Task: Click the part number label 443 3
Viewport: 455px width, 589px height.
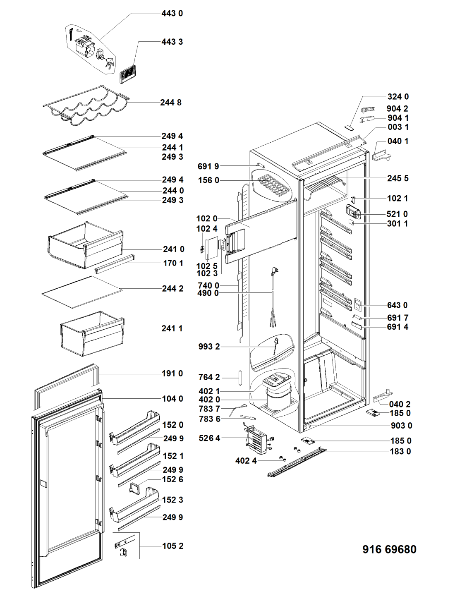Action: click(x=172, y=42)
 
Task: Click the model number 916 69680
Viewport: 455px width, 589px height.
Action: click(x=389, y=549)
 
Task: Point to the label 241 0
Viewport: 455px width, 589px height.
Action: click(x=174, y=249)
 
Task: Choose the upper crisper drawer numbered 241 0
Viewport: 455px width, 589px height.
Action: click(x=86, y=245)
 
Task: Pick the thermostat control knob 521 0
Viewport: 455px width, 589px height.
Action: click(x=353, y=213)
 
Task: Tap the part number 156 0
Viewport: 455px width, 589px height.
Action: click(x=208, y=180)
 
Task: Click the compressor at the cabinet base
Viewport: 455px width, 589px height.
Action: click(x=278, y=393)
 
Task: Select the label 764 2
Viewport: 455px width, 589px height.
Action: click(x=209, y=377)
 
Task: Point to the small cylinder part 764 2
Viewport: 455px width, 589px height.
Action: click(x=239, y=377)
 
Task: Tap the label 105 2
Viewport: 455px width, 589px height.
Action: click(x=172, y=546)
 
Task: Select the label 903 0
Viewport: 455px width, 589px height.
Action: click(x=401, y=426)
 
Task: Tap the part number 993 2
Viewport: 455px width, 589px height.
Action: click(x=209, y=347)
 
